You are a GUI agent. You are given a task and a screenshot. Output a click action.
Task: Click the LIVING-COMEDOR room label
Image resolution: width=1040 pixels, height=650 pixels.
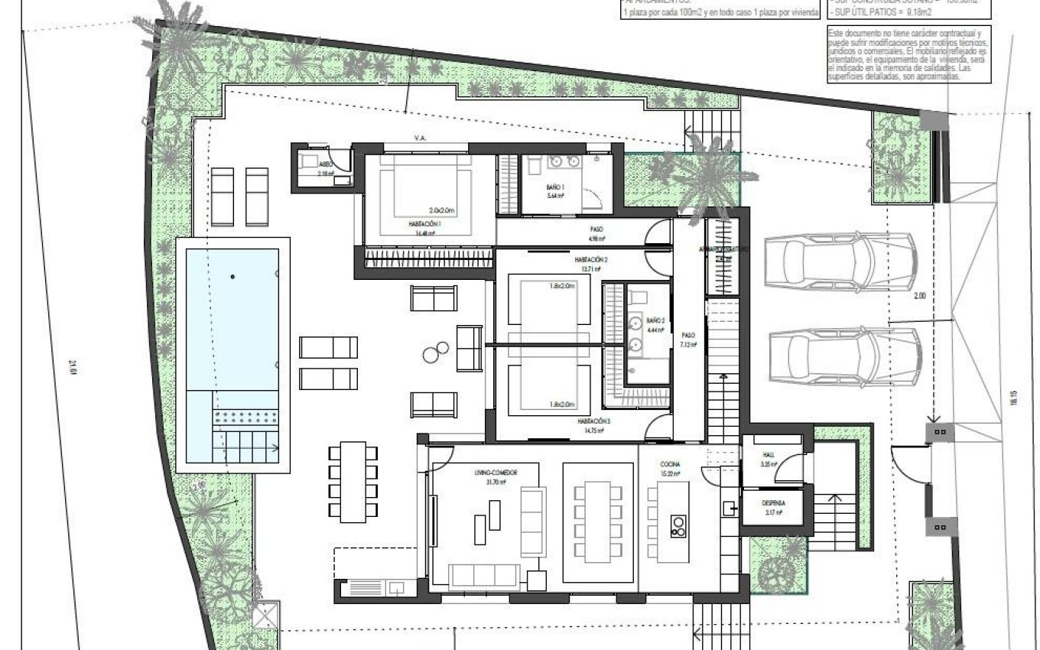click(x=496, y=473)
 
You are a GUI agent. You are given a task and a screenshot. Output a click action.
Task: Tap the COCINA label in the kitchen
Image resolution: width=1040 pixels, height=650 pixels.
click(x=670, y=464)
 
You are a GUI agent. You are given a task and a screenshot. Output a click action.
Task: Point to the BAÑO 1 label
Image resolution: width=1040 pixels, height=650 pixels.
click(x=555, y=187)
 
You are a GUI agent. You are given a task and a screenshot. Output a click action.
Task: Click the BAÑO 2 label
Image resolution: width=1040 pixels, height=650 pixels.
click(x=655, y=320)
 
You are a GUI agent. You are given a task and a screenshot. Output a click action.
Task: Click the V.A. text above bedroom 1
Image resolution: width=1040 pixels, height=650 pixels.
click(x=420, y=138)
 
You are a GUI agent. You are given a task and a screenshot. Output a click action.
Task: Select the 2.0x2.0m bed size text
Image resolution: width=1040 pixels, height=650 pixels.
click(x=442, y=210)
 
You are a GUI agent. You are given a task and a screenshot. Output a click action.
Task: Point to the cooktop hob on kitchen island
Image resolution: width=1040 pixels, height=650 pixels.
click(x=678, y=525)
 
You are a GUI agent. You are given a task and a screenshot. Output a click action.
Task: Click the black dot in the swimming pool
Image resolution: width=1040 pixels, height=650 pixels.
click(x=233, y=276)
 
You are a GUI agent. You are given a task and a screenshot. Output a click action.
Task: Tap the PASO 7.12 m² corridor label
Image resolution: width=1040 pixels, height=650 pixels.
click(x=687, y=339)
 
